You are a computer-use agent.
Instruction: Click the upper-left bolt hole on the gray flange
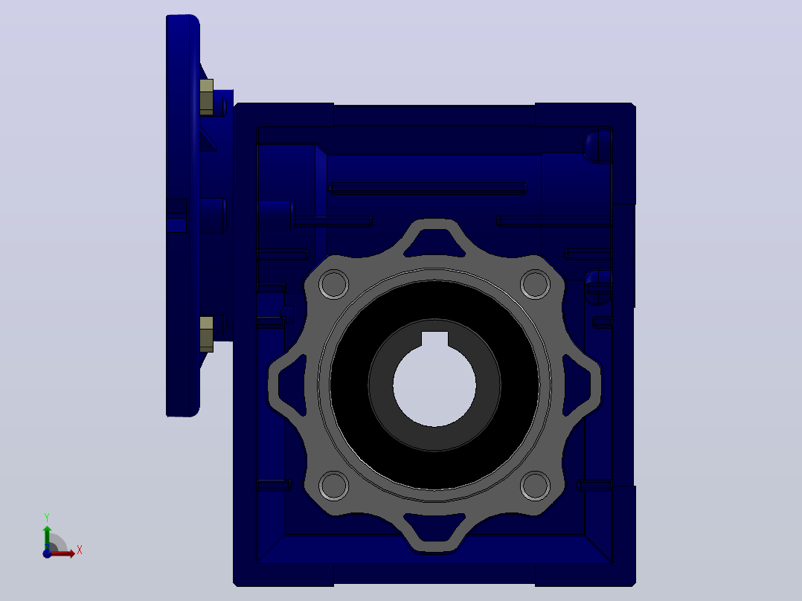pos(334,284)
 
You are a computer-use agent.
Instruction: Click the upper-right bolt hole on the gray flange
pos(535,284)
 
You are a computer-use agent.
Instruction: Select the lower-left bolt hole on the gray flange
pos(334,486)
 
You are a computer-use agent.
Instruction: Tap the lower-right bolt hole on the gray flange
pos(535,486)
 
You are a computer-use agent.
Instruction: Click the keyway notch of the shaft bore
pos(434,338)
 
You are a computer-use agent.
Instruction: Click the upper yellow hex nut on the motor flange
pos(206,97)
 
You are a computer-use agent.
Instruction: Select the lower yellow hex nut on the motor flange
pos(206,334)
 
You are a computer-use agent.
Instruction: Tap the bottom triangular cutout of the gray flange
pos(434,527)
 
